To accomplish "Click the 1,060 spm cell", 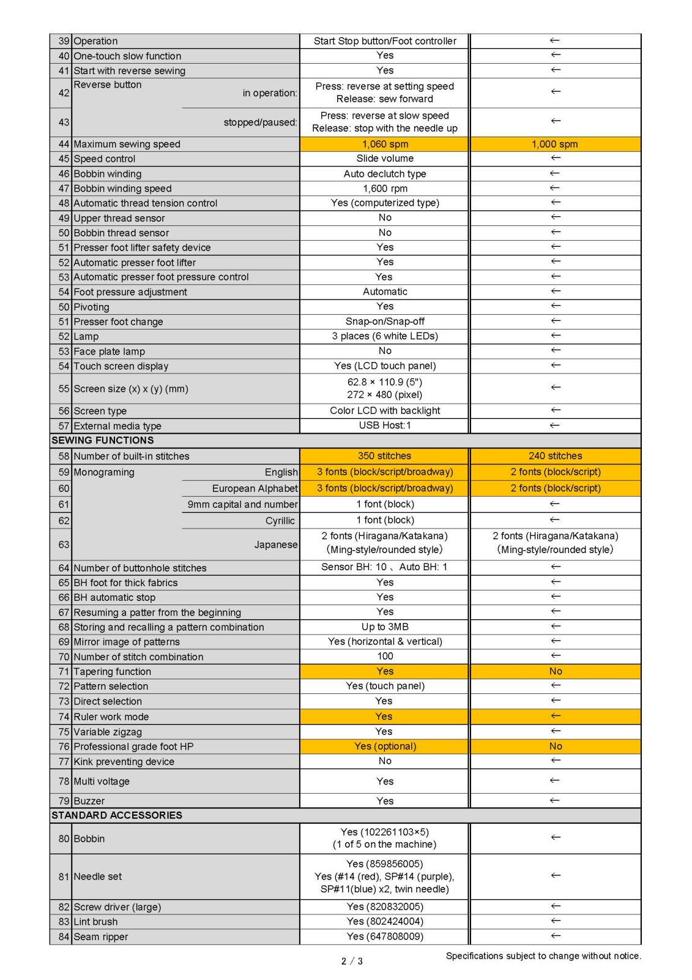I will (385, 144).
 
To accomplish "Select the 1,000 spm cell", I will (554, 144).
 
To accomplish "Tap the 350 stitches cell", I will (384, 456).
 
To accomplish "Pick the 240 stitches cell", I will (555, 456).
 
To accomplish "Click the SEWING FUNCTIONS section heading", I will (103, 440).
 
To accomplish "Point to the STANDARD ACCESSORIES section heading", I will (117, 815).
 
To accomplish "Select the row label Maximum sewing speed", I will (127, 144).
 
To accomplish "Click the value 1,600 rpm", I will (385, 189).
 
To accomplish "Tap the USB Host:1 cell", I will (385, 425).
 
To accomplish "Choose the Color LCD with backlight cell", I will (385, 410).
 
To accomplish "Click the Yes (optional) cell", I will (385, 746).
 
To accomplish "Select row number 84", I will (64, 937).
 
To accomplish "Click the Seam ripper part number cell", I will (385, 936).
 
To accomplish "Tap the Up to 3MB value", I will (385, 627).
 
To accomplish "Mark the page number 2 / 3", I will (352, 961).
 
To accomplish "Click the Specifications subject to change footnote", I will (543, 956).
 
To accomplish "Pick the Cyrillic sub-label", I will (280, 521).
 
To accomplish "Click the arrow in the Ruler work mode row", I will (555, 715).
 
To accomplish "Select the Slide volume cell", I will (385, 158).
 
